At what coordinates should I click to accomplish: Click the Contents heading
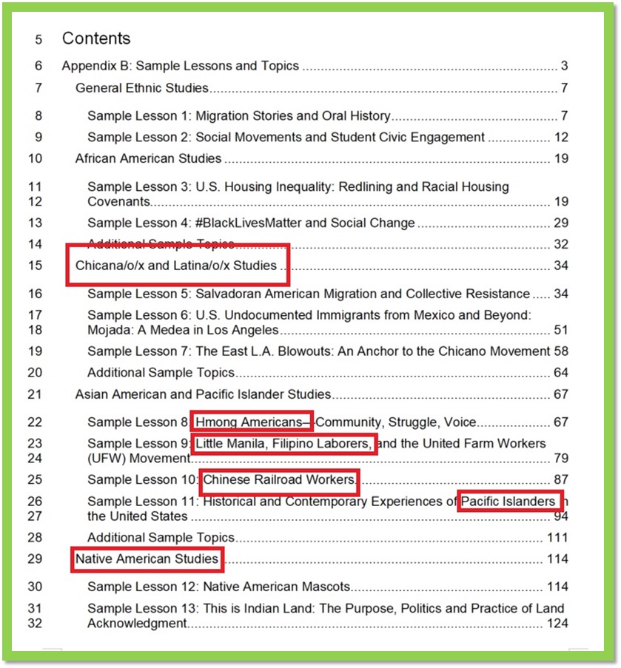(95, 38)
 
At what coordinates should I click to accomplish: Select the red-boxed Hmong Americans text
(250, 422)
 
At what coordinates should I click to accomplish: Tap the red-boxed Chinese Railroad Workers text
(279, 480)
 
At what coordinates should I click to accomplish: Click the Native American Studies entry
(147, 559)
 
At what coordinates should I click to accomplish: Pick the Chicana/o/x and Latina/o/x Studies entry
(176, 266)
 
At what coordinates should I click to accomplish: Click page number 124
(557, 623)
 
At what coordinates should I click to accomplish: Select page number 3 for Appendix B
(564, 66)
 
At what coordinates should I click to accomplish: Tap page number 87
(560, 480)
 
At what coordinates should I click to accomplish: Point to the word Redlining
(366, 187)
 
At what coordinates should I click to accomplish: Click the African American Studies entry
(148, 158)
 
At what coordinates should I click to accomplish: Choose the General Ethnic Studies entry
(142, 89)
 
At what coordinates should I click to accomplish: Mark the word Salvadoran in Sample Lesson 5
(226, 294)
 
